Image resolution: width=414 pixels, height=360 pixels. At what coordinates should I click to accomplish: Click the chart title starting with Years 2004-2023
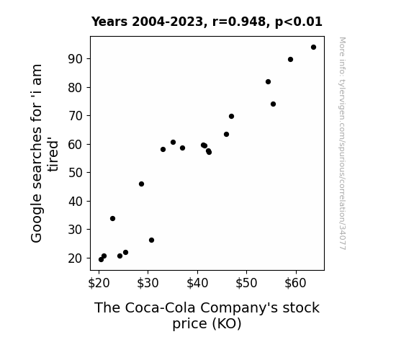(207, 22)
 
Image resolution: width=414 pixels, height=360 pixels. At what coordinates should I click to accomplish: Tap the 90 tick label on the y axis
(76, 59)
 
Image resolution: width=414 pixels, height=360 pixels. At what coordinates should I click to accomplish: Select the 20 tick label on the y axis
(76, 258)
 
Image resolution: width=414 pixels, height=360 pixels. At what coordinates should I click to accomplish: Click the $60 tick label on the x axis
(295, 283)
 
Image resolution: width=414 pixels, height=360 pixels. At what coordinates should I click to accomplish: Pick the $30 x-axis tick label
(148, 283)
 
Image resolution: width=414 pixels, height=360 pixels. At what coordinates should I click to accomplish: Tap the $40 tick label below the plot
(197, 283)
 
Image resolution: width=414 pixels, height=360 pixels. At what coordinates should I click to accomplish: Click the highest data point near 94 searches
(313, 48)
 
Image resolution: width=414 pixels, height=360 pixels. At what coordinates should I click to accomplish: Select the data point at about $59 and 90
(290, 60)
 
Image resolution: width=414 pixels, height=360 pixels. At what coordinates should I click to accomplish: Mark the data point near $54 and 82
(268, 82)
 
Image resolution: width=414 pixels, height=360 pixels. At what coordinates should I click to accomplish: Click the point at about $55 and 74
(273, 104)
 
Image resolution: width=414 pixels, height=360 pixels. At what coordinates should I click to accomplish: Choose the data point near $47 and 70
(231, 116)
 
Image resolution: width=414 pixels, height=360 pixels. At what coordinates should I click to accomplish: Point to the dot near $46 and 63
(226, 135)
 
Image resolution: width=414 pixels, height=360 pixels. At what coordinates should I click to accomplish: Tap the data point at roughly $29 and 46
(141, 184)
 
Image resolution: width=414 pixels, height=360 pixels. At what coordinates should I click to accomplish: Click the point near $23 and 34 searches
(112, 218)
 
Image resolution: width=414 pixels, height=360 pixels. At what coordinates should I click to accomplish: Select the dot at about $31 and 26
(151, 240)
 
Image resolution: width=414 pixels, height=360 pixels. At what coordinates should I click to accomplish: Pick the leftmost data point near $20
(101, 260)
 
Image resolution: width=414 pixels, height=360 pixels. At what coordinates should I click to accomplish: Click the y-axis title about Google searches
(45, 153)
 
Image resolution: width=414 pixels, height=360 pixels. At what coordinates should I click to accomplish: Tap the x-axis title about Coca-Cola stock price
(207, 315)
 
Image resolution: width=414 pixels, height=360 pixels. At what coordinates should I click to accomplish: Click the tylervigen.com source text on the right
(342, 143)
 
